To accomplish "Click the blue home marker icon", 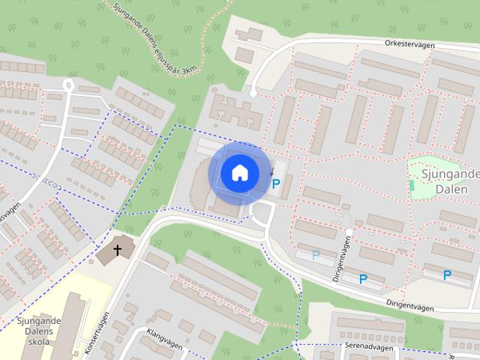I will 239,173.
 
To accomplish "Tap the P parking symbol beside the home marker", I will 276,183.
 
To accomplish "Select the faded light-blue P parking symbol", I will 316,255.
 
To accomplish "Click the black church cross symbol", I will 117,250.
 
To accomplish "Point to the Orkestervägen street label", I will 409,43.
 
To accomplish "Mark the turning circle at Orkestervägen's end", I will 253,93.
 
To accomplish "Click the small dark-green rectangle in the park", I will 412,184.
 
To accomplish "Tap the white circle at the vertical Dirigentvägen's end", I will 349,231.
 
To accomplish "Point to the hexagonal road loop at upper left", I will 68,85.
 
